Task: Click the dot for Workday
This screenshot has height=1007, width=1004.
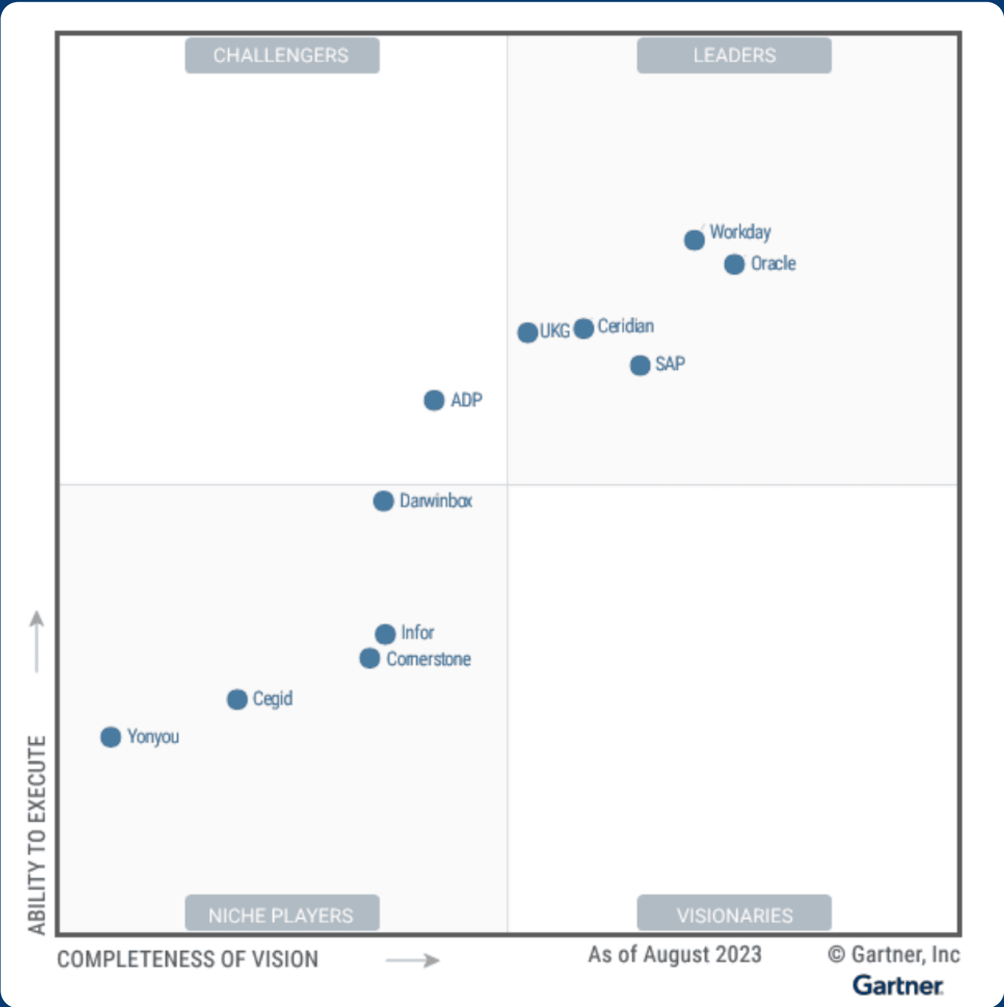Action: click(694, 239)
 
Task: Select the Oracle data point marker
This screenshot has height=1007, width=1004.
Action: click(734, 264)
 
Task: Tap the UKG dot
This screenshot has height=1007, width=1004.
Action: click(527, 332)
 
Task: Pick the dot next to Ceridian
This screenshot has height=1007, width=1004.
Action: click(584, 328)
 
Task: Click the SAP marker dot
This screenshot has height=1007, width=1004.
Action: click(640, 365)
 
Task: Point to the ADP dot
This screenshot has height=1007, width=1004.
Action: click(434, 400)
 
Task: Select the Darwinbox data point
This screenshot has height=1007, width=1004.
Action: click(383, 500)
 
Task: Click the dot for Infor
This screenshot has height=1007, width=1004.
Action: click(385, 633)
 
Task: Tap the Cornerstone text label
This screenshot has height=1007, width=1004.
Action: click(429, 659)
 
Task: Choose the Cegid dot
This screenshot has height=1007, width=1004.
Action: click(237, 699)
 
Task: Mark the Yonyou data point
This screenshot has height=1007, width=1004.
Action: click(111, 737)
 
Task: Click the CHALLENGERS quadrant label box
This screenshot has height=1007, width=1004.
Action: click(282, 55)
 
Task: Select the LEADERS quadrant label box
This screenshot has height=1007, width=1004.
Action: click(734, 55)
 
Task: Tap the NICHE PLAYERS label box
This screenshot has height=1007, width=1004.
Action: click(282, 914)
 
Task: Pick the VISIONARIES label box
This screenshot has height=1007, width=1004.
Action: click(734, 914)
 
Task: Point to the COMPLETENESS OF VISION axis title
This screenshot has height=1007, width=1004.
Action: click(188, 960)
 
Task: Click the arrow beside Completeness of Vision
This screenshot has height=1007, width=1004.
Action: click(412, 960)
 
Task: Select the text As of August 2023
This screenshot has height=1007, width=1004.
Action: click(675, 955)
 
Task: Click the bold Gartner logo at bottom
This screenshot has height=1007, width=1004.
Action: click(898, 986)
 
